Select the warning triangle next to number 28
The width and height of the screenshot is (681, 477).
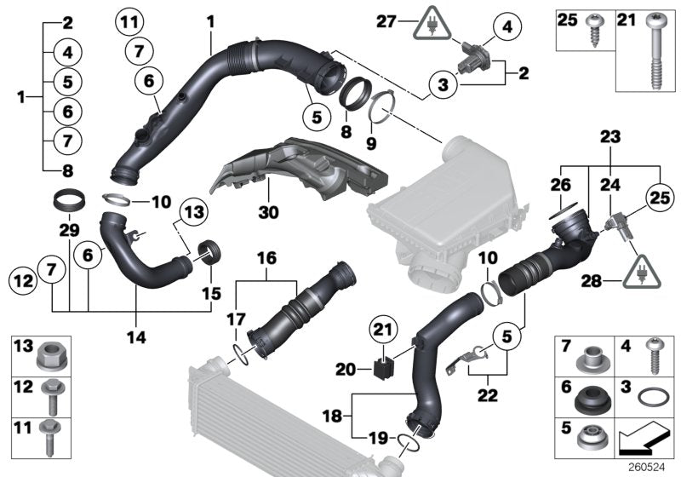[x=634, y=271]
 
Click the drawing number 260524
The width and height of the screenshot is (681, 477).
[x=647, y=467]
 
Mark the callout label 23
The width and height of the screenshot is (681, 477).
[x=609, y=136]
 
